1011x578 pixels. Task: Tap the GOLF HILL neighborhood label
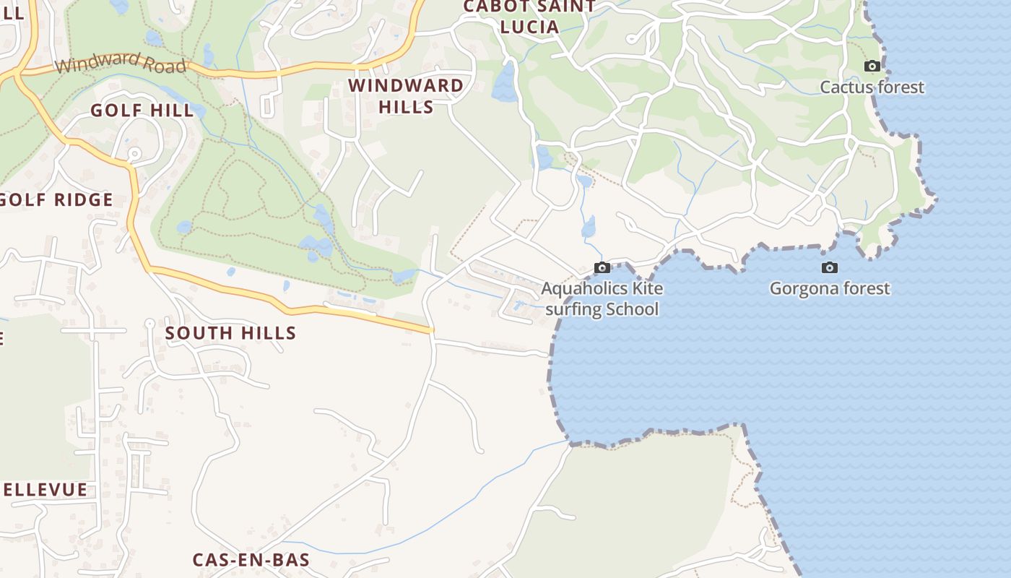tap(142, 111)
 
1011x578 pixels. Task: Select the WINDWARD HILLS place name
tap(406, 96)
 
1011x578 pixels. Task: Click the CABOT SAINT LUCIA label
tap(529, 17)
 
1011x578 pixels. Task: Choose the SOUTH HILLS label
tap(230, 333)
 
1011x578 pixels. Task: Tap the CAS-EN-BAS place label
tap(251, 560)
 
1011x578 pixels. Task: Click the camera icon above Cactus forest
tap(872, 66)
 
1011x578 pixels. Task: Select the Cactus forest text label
tap(872, 87)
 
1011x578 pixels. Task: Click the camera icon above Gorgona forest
tap(830, 268)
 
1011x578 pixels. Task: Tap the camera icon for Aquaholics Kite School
tap(602, 268)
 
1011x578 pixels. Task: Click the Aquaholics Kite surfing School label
tap(602, 299)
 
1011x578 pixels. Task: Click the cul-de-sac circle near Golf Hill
tap(134, 154)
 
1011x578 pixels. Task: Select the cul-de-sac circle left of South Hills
tap(149, 323)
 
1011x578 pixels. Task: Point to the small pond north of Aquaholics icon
tap(589, 227)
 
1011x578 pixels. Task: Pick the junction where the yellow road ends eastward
tap(432, 331)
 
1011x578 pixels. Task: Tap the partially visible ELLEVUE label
tap(45, 490)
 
